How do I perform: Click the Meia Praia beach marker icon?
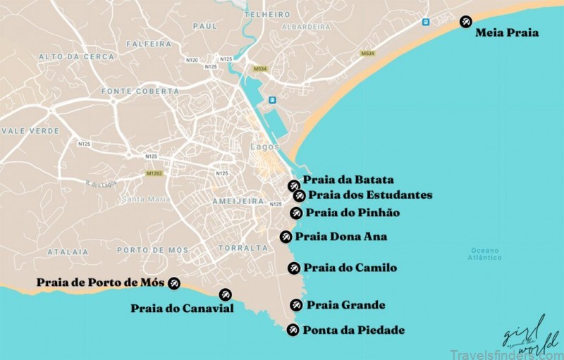point(466,22)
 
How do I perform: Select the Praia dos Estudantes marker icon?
point(300,195)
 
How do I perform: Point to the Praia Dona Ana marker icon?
point(286,237)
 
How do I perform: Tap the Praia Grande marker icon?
point(296,305)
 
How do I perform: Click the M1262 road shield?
point(154,173)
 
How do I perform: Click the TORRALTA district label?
point(243,248)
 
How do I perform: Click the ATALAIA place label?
point(68,252)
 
